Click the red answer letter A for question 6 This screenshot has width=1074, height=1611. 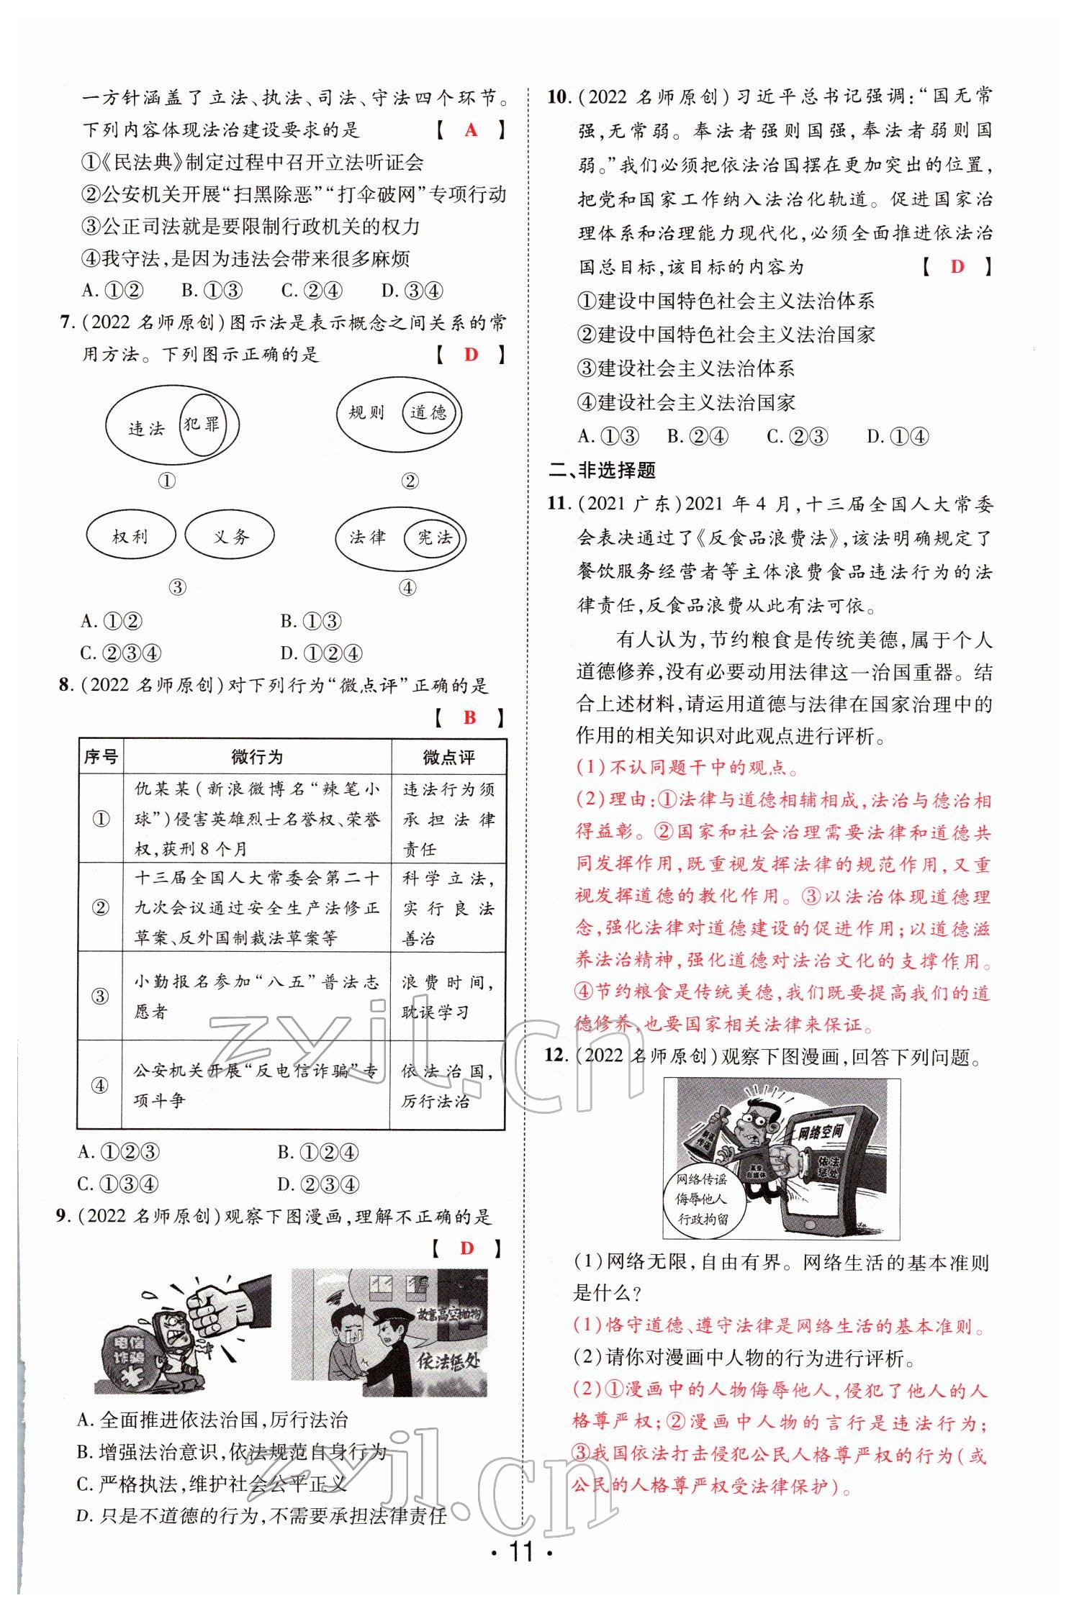471,130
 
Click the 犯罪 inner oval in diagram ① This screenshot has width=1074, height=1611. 201,425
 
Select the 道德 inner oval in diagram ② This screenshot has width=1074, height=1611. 429,412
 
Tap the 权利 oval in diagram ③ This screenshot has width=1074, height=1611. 130,536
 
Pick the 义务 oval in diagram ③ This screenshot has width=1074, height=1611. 230,536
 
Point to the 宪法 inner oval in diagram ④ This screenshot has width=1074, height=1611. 434,537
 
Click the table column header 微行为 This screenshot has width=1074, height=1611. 257,757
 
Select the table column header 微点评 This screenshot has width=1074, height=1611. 448,757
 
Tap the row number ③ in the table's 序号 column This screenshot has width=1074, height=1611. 100,996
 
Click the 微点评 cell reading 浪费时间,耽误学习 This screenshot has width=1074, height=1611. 448,997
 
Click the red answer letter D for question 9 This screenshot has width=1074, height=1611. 467,1248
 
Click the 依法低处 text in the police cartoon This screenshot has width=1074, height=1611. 448,1360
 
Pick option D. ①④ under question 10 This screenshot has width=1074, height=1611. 898,436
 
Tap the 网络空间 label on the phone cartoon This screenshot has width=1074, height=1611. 820,1133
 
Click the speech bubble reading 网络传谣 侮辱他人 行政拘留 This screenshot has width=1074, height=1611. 703,1199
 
